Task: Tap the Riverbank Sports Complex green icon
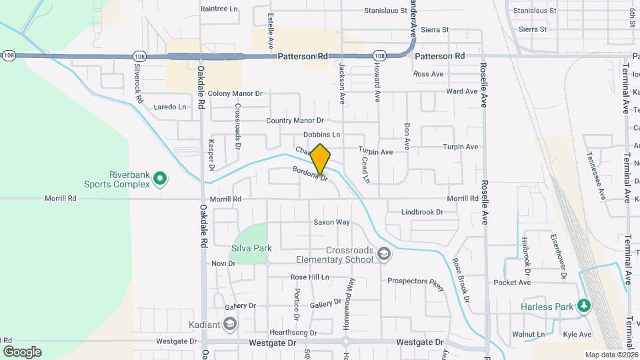tap(160, 179)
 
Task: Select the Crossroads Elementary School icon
tap(383, 253)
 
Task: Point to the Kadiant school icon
tap(230, 325)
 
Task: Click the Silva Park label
tap(251, 248)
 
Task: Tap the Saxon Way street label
tap(331, 222)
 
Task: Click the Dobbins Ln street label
tap(321, 135)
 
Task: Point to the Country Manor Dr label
tap(295, 121)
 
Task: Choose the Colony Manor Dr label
tap(235, 94)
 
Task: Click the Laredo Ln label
tap(170, 107)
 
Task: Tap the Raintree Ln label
tap(219, 10)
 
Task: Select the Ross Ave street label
tap(428, 74)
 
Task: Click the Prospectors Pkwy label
tap(416, 281)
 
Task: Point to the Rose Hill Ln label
tap(309, 277)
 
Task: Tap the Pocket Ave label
tap(512, 283)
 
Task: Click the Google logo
tap(22, 352)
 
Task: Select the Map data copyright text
tap(609, 355)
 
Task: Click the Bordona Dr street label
tap(310, 173)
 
